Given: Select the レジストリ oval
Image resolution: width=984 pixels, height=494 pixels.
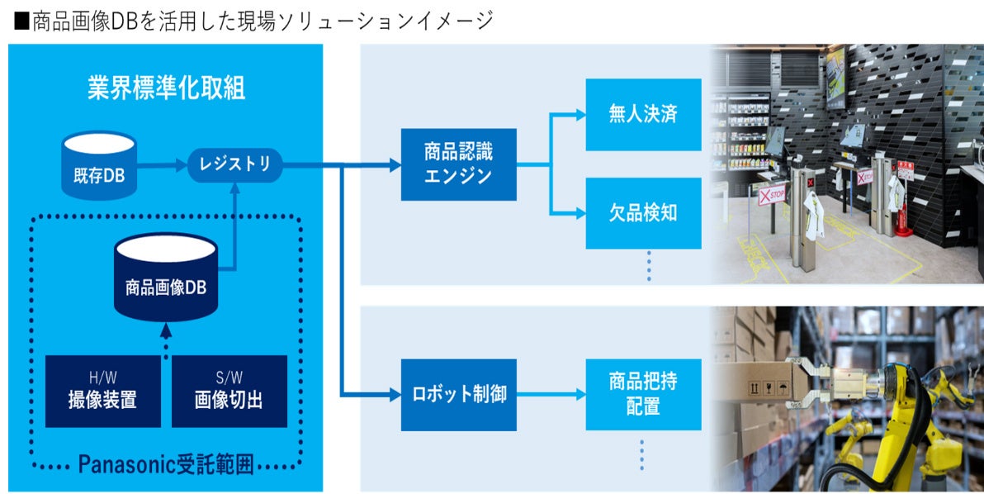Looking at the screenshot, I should [234, 164].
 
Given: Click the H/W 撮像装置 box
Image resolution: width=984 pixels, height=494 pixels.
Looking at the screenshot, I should [102, 391].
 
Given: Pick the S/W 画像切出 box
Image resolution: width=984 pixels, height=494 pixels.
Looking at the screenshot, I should [229, 391].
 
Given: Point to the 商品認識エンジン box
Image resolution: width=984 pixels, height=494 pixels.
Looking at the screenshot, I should [458, 164].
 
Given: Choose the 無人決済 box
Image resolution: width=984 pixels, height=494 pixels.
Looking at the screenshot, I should [643, 115].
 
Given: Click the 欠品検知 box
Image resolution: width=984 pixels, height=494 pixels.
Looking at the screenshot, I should [643, 213].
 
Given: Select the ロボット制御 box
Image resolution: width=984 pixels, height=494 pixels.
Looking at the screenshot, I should [458, 394].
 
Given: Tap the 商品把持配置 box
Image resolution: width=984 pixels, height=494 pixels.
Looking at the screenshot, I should [643, 394].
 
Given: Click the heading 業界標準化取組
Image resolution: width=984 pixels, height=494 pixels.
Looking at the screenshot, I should [166, 88].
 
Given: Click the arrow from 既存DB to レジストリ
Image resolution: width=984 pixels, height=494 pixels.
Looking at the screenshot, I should [162, 164].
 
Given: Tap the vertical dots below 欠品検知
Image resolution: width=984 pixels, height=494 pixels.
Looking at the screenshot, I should [648, 266].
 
